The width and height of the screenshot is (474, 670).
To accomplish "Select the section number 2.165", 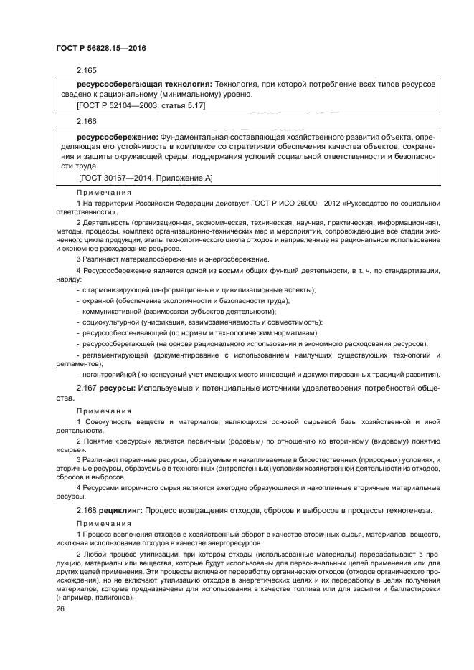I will pos(86,72).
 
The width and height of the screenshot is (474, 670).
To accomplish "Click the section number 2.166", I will pos(86,122).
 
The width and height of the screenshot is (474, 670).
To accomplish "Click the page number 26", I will pos(60,608).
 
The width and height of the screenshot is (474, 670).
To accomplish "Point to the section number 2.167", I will pos(86,388).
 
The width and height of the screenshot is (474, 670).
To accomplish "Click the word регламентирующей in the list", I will pos(115,355).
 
